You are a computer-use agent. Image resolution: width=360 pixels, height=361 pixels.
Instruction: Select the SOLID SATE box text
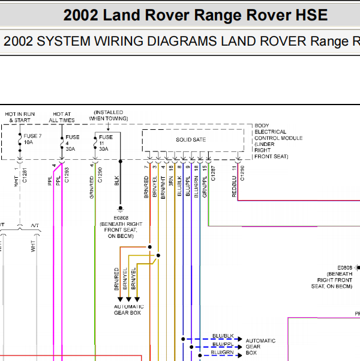click(x=191, y=140)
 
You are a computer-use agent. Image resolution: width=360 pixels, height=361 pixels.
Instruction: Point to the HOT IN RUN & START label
click(x=20, y=117)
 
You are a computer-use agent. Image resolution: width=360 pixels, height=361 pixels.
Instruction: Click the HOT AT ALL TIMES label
click(x=62, y=117)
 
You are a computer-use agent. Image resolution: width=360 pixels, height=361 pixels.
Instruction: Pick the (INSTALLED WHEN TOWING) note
click(x=108, y=115)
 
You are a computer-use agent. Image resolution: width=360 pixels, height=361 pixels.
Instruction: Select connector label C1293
click(x=67, y=174)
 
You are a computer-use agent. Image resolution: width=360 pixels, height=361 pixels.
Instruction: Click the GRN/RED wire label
click(x=92, y=186)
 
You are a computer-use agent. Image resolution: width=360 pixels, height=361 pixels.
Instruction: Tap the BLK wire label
click(x=116, y=180)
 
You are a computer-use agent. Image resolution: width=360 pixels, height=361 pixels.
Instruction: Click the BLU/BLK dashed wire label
click(x=223, y=335)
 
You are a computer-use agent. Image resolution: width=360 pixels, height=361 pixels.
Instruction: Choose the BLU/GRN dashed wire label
click(x=223, y=353)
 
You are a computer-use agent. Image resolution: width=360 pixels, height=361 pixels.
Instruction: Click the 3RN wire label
click(x=171, y=182)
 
